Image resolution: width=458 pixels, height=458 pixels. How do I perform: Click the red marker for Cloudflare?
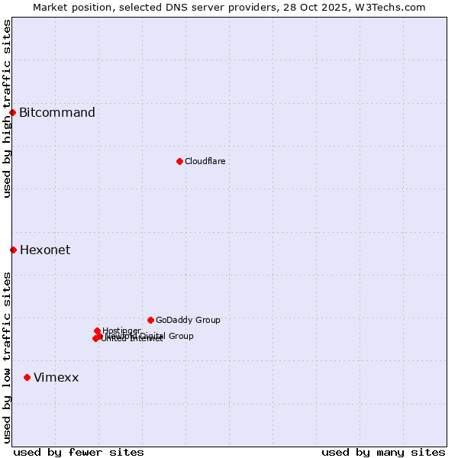click(x=179, y=161)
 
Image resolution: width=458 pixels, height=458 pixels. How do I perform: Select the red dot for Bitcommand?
click(x=12, y=113)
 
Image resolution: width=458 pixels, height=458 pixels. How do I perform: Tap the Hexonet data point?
click(x=13, y=250)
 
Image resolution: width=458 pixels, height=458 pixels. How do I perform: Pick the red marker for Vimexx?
click(x=27, y=377)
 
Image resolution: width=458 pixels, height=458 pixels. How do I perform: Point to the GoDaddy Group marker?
click(x=150, y=320)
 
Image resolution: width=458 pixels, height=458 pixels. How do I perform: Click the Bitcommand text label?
click(x=57, y=113)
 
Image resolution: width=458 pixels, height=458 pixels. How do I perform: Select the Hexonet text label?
click(x=45, y=250)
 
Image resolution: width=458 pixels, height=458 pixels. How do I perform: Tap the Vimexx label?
click(x=56, y=377)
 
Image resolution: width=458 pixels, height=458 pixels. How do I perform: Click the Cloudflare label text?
click(x=205, y=161)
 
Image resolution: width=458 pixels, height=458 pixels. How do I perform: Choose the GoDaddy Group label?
click(x=188, y=320)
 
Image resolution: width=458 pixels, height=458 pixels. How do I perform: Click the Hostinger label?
click(x=121, y=331)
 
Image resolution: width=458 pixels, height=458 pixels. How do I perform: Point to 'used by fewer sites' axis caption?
click(x=79, y=452)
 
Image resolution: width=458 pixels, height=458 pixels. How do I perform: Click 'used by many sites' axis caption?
click(x=383, y=452)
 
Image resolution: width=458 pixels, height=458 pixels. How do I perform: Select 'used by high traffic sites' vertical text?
click(x=7, y=108)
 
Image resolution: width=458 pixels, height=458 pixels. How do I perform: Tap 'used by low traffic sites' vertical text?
click(x=7, y=357)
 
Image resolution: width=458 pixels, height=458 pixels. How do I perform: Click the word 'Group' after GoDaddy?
click(x=207, y=320)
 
